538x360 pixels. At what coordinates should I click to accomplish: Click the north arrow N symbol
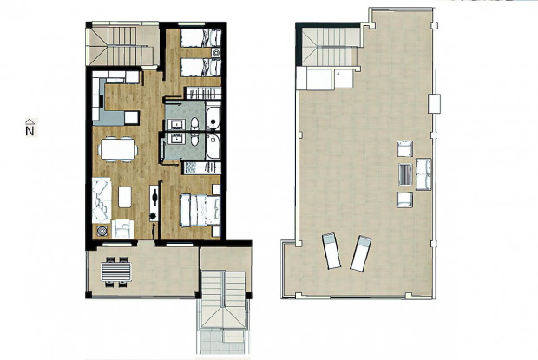[30, 128]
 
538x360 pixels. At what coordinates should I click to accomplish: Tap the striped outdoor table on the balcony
[116, 273]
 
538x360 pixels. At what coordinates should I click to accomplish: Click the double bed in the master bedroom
[200, 210]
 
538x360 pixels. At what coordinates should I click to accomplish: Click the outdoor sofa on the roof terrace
[423, 173]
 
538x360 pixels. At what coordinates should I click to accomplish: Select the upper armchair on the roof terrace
[403, 147]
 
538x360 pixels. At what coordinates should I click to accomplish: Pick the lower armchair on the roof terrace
[403, 200]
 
